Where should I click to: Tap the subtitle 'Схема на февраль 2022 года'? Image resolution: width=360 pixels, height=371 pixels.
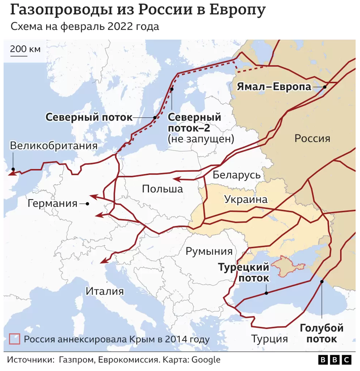pyautogui.click(x=85, y=27)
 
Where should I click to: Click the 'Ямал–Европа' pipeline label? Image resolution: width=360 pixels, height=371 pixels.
pyautogui.click(x=274, y=87)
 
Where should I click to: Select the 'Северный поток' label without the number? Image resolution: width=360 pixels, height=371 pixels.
pyautogui.click(x=88, y=117)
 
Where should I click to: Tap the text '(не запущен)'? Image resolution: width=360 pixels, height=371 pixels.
pyautogui.click(x=200, y=139)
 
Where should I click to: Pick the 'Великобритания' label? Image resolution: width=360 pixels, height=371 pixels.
pyautogui.click(x=54, y=146)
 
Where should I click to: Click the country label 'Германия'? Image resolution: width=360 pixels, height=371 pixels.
pyautogui.click(x=53, y=204)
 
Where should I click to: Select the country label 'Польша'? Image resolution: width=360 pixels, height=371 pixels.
pyautogui.click(x=162, y=188)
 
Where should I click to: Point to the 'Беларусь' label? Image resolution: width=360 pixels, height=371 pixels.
pyautogui.click(x=236, y=175)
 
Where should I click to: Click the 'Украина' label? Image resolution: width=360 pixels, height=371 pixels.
pyautogui.click(x=245, y=199)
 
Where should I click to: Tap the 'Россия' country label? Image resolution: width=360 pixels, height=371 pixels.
pyautogui.click(x=312, y=138)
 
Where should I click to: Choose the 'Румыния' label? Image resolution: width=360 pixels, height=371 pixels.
pyautogui.click(x=209, y=251)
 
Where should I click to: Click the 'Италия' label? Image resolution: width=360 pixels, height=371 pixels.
pyautogui.click(x=105, y=291)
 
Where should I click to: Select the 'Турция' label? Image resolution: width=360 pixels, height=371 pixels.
pyautogui.click(x=269, y=339)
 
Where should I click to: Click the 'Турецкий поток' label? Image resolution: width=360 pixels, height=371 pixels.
pyautogui.click(x=243, y=272)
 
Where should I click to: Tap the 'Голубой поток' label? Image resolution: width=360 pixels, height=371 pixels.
pyautogui.click(x=321, y=334)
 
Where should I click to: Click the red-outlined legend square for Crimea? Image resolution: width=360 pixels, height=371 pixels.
pyautogui.click(x=14, y=339)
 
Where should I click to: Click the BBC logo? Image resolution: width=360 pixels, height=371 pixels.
pyautogui.click(x=335, y=360)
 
